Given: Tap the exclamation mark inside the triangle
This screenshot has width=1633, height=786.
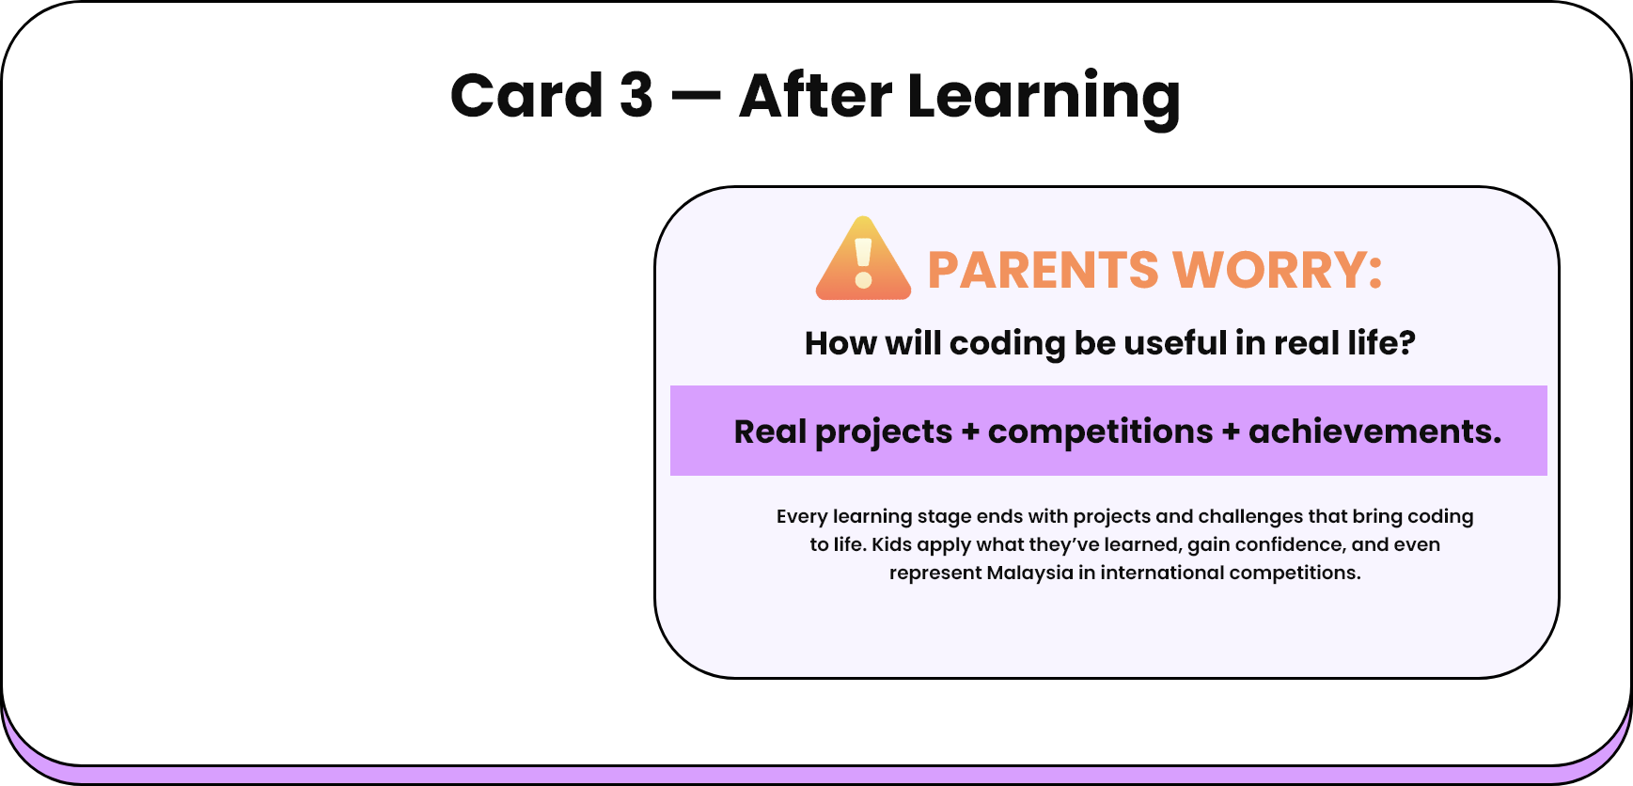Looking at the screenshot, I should (x=864, y=263).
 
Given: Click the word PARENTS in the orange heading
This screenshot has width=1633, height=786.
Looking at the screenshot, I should (x=1043, y=271).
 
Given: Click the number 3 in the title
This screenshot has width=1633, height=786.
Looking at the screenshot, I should (x=636, y=96).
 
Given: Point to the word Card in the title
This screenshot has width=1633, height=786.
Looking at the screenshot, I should (x=526, y=96).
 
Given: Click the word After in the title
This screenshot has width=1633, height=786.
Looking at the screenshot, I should (x=815, y=96).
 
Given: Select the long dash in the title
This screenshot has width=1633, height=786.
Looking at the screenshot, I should (x=696, y=96).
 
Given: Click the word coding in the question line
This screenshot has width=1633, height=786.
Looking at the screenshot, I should (x=1007, y=344).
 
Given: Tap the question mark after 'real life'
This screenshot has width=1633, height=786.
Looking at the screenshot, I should (x=1406, y=343).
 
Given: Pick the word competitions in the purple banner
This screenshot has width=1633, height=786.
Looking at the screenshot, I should (x=1100, y=432).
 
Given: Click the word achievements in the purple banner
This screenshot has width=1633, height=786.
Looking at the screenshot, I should (x=1374, y=432).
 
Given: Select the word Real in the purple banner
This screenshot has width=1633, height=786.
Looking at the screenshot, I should (x=770, y=432).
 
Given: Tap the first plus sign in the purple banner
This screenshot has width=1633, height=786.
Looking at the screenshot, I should (x=970, y=432).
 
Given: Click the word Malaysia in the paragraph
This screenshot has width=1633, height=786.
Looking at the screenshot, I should (x=1029, y=573).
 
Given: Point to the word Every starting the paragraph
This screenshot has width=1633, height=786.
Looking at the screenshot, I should (x=802, y=516).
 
